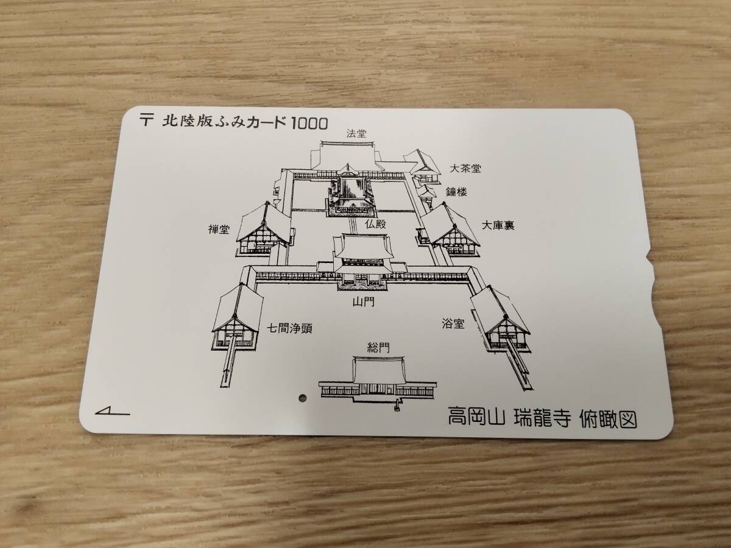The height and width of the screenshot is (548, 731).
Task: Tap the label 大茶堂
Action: [465, 168]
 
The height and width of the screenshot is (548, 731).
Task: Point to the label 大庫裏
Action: [498, 225]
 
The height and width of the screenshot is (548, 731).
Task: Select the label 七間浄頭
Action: [290, 328]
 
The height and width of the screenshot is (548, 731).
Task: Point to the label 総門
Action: [378, 348]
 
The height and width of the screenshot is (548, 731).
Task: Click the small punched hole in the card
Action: [302, 398]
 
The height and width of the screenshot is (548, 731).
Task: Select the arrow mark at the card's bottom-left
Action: [113, 412]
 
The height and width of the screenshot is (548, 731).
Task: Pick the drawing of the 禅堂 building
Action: [263, 230]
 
